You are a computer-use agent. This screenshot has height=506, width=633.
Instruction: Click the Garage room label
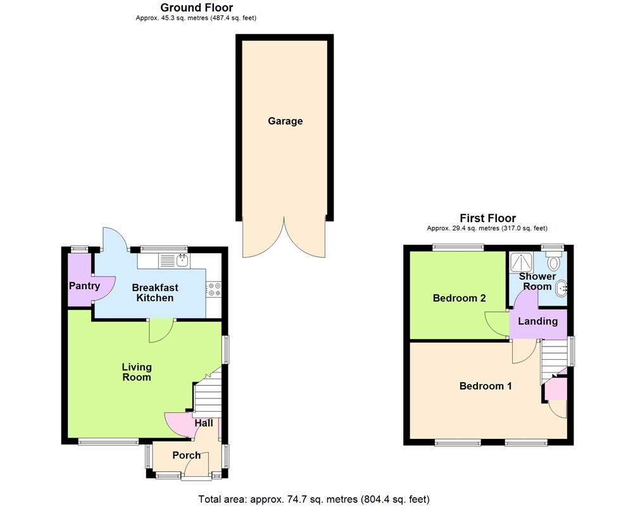pyautogui.click(x=285, y=121)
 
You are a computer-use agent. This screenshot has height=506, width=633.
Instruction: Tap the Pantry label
pyautogui.click(x=84, y=286)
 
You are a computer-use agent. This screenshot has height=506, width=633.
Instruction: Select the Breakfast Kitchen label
pyautogui.click(x=153, y=293)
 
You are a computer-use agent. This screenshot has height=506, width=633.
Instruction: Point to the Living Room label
pyautogui.click(x=137, y=372)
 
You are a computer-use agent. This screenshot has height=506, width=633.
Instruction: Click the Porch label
pyautogui.click(x=186, y=455)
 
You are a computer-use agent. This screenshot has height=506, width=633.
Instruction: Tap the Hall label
pyautogui.click(x=204, y=423)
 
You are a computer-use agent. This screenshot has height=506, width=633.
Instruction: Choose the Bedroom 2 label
pyautogui.click(x=459, y=298)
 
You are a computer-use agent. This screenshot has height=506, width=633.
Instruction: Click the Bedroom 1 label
pyautogui.click(x=486, y=386)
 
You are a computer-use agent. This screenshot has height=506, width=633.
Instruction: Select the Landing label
pyautogui.click(x=538, y=321)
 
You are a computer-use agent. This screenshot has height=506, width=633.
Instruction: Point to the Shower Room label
pyautogui.click(x=537, y=281)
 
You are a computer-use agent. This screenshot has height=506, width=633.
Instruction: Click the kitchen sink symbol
pyautogui.click(x=175, y=259)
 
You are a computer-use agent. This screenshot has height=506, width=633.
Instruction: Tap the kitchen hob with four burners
pyautogui.click(x=213, y=288)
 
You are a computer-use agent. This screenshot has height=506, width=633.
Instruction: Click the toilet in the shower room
pyautogui.click(x=555, y=261)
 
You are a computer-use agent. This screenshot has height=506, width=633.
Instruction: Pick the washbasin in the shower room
pyautogui.click(x=561, y=289)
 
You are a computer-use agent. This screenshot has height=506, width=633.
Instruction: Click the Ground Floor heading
pyautogui.click(x=196, y=8)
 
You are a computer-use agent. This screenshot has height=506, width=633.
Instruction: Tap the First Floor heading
pyautogui.click(x=487, y=218)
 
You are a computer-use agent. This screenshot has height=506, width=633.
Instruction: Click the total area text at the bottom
pyautogui.click(x=314, y=499)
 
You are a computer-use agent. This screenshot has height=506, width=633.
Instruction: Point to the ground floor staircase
pyautogui.click(x=207, y=393)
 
